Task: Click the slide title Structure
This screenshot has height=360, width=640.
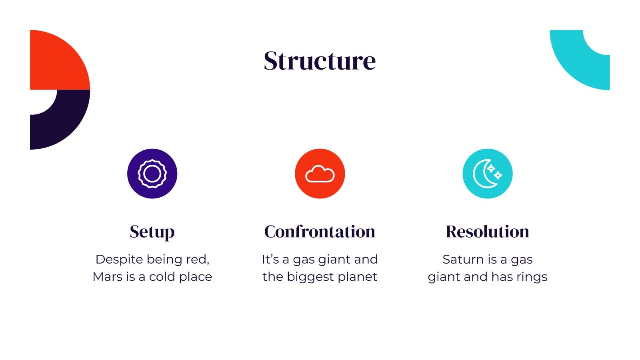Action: [x=320, y=61]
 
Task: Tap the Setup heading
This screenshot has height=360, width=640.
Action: [x=152, y=232]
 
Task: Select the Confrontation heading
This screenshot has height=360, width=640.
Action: [x=320, y=232]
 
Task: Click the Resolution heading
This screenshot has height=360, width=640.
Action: [x=487, y=232]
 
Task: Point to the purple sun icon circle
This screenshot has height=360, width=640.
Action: [x=152, y=174]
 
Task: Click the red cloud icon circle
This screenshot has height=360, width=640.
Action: [x=320, y=174]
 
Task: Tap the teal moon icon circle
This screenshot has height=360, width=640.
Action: [x=487, y=174]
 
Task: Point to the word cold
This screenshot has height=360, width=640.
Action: [x=162, y=276]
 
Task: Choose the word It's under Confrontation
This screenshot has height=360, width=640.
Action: [x=270, y=260]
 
